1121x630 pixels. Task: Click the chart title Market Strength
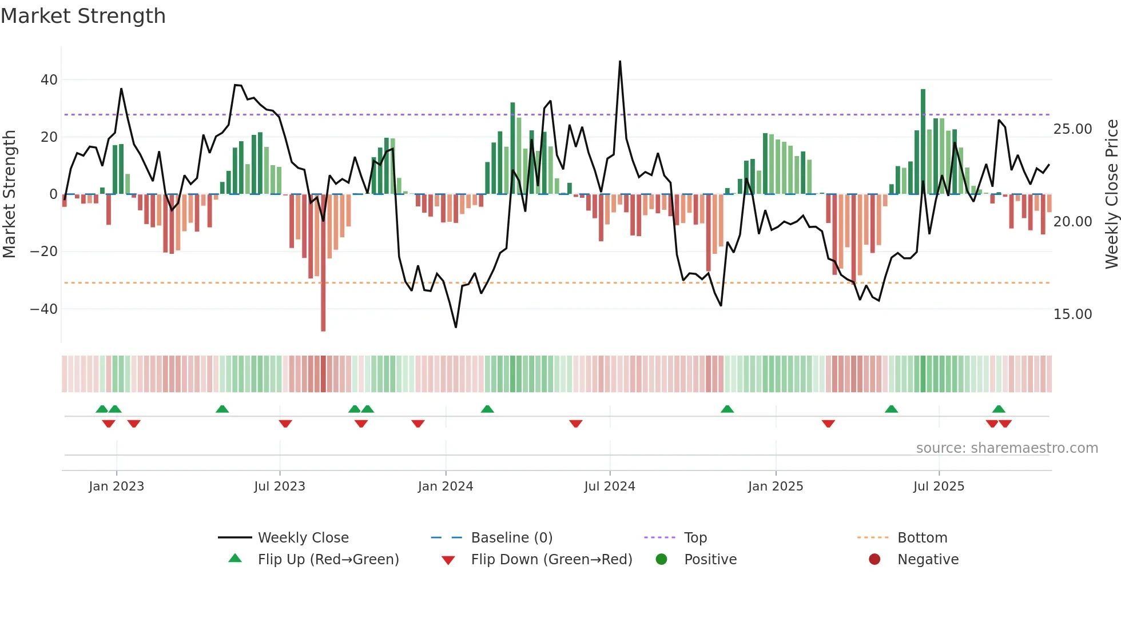click(x=83, y=16)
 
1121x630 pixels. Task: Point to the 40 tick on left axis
click(x=49, y=80)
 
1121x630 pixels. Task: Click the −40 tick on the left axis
click(x=44, y=309)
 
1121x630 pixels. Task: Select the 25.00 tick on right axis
click(x=1072, y=129)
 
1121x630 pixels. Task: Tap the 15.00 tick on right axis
click(x=1072, y=314)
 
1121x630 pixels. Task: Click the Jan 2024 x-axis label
click(x=446, y=487)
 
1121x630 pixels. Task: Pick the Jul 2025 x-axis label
click(x=939, y=487)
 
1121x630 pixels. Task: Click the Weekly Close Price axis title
click(x=1111, y=194)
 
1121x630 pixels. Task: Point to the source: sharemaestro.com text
click(x=1007, y=448)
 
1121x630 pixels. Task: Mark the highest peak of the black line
click(x=620, y=62)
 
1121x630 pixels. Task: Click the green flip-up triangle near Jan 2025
click(x=727, y=409)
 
